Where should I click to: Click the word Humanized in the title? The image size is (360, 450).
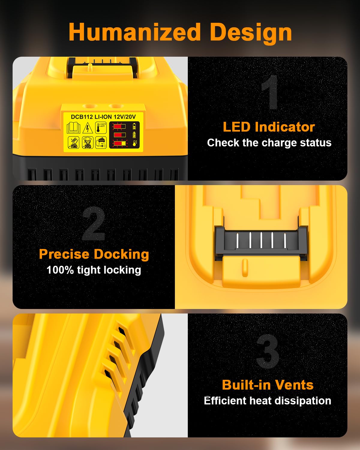[135, 32]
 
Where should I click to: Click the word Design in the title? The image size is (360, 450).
[251, 34]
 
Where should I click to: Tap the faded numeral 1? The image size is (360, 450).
[270, 92]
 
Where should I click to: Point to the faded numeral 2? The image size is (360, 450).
[94, 223]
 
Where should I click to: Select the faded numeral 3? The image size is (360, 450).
[268, 352]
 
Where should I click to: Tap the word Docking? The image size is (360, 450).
[121, 254]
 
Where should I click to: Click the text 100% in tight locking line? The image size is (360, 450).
[60, 270]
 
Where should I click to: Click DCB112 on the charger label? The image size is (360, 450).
[82, 117]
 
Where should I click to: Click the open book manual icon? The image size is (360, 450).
[73, 128]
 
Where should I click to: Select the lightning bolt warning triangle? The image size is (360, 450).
[88, 128]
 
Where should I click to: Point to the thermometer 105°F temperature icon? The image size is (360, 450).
[101, 128]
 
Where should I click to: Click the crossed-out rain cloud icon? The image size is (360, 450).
[88, 142]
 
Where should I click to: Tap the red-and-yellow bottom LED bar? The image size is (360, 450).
[120, 143]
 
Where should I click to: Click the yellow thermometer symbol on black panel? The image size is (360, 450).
[135, 143]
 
